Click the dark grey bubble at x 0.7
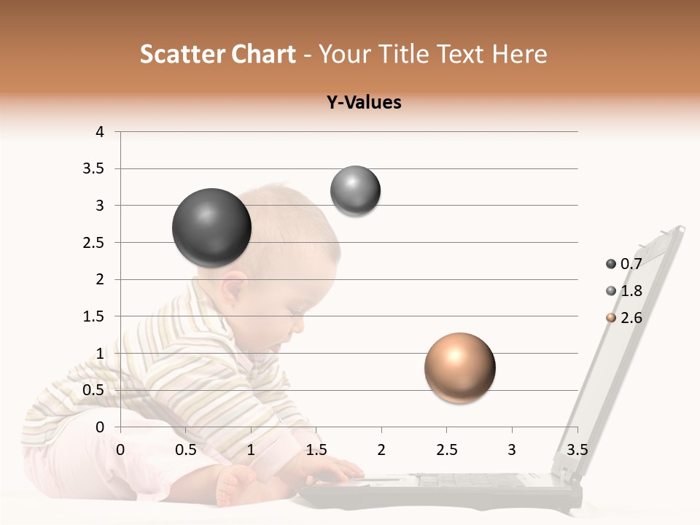(211, 227)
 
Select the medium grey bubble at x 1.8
(355, 191)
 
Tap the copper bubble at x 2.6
(459, 367)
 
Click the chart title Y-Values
(364, 103)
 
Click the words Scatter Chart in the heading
(217, 54)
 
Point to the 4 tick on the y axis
(100, 132)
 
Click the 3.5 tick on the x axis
(577, 449)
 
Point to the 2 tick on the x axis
(381, 449)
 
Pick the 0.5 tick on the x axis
(185, 449)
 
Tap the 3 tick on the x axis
(512, 449)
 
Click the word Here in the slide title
(518, 54)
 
